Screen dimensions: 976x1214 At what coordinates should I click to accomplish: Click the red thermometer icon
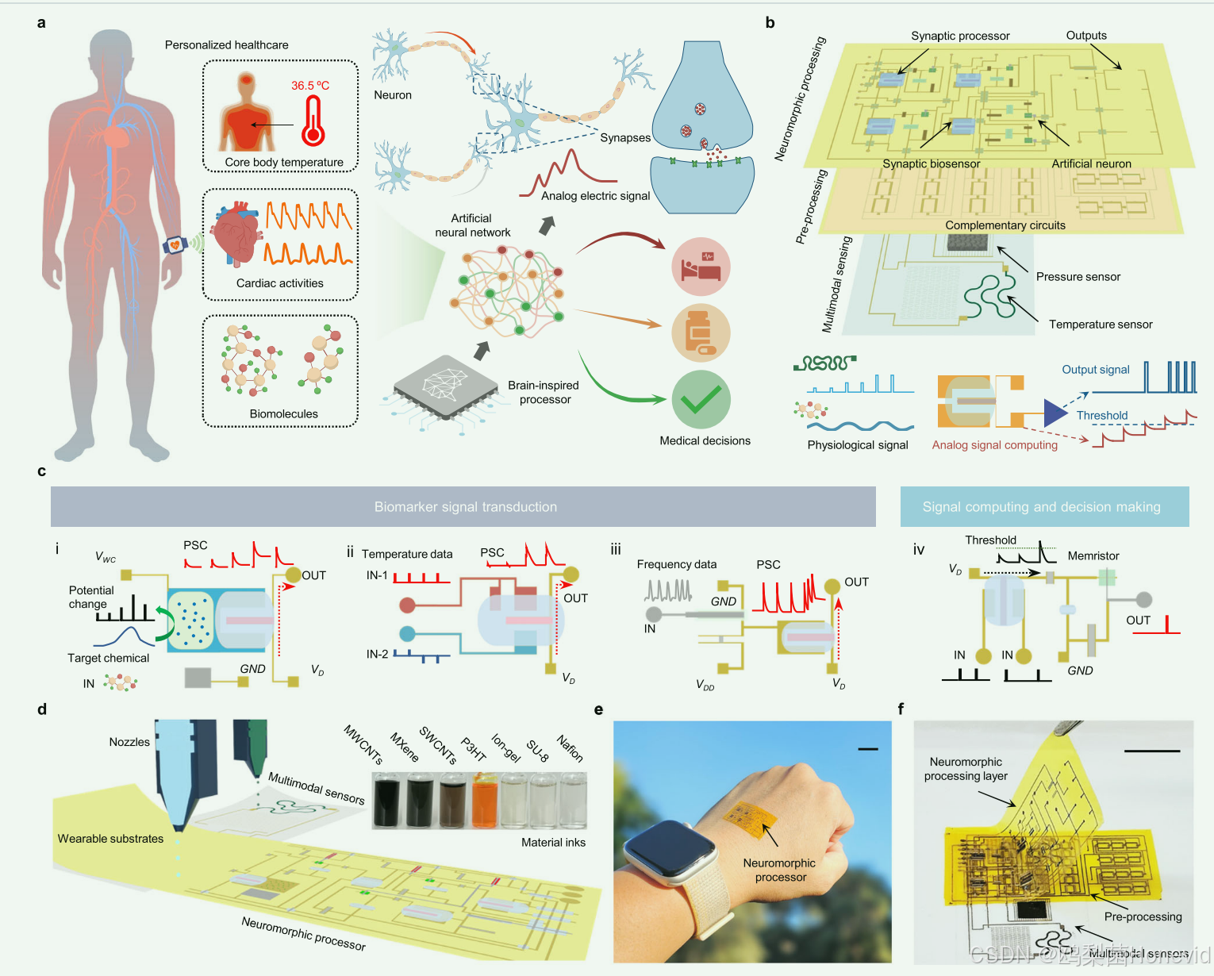coord(313,121)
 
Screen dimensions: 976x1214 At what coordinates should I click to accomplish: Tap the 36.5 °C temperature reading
coord(309,86)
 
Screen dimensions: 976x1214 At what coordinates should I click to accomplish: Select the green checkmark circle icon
coord(701,399)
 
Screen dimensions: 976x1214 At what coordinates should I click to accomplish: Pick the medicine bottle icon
coord(700,333)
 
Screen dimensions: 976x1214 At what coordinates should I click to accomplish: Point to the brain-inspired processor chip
coord(442,386)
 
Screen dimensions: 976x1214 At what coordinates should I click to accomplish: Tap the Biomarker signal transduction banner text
coord(466,507)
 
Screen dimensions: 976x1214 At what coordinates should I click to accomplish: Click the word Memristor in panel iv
coord(1093,556)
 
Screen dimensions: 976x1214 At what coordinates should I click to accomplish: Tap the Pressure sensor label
coord(1078,277)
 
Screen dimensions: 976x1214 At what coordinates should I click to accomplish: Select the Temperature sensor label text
coord(1100,325)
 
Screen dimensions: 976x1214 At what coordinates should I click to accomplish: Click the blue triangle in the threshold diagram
coord(1055,413)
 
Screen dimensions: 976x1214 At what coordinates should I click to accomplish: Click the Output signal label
coord(1095,370)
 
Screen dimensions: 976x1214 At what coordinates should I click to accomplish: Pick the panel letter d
coord(42,709)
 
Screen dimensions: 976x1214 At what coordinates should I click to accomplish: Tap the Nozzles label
coord(129,742)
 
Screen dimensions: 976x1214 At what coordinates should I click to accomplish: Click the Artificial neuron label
coord(1091,164)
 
